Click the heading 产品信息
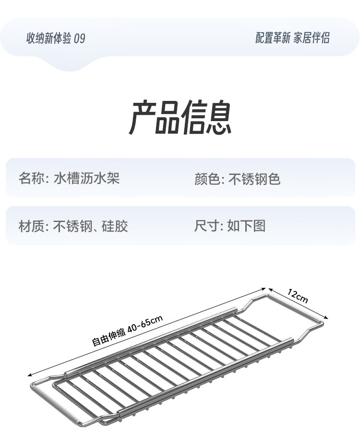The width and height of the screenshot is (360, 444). (180, 118)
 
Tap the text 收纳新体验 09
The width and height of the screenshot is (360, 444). (56, 38)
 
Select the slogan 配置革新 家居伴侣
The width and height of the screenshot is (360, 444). (292, 38)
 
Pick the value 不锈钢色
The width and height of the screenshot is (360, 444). (254, 179)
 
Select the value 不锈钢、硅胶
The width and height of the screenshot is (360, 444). (91, 225)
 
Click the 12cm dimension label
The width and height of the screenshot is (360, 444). (298, 296)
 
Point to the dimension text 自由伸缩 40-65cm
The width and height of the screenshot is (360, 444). (128, 330)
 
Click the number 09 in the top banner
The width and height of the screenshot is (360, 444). (80, 38)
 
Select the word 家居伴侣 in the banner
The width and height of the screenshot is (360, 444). (312, 38)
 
